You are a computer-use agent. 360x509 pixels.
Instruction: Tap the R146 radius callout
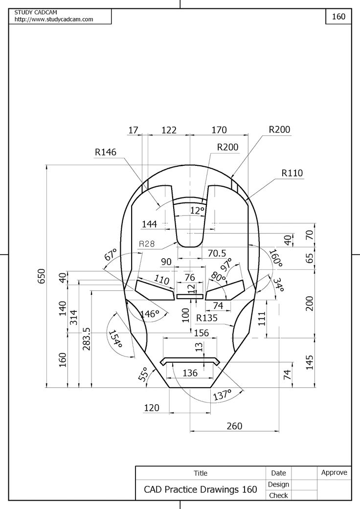click(106, 152)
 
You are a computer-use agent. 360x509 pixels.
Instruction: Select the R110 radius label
click(292, 173)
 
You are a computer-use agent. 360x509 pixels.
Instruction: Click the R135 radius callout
click(207, 318)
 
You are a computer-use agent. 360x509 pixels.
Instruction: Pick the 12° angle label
click(197, 211)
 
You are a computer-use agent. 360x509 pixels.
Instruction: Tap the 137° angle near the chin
click(222, 395)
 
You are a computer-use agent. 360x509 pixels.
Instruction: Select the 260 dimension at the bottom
click(234, 426)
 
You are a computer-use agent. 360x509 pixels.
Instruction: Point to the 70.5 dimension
click(217, 253)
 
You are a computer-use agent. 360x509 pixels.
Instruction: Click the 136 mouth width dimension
click(190, 373)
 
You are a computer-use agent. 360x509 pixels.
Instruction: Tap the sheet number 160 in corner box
click(338, 16)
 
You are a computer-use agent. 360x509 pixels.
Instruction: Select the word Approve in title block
click(334, 472)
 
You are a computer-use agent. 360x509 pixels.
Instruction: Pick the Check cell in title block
click(278, 495)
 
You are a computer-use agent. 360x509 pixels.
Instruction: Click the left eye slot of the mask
click(155, 289)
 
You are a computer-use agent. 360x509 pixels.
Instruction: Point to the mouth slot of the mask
click(190, 361)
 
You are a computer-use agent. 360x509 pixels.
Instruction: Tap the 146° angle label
click(150, 313)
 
